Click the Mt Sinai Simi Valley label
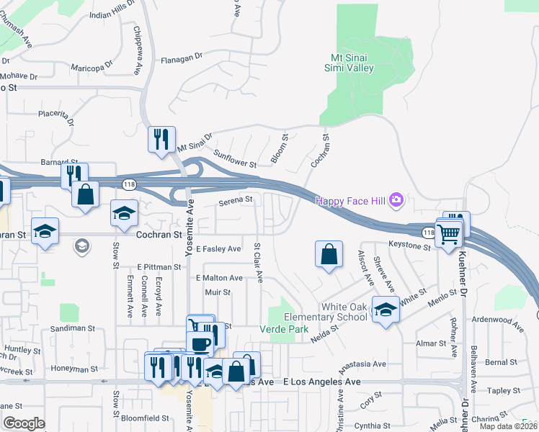(x=348, y=62)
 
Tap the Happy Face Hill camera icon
(x=395, y=199)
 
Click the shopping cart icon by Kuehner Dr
(x=448, y=233)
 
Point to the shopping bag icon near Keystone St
(x=329, y=254)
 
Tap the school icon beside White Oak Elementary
(x=386, y=310)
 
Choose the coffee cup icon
(x=199, y=343)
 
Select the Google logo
(x=24, y=423)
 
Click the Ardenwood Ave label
(x=497, y=321)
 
